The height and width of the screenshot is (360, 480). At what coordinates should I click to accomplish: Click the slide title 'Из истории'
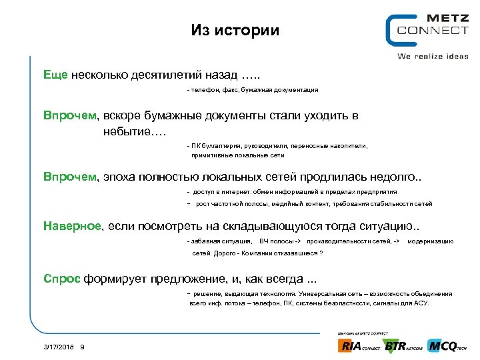coord(235,31)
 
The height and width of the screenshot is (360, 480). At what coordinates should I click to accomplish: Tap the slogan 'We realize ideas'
coord(433,56)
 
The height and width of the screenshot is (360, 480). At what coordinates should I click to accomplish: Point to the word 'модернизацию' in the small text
coord(430,241)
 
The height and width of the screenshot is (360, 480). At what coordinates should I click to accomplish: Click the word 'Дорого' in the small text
coord(223,253)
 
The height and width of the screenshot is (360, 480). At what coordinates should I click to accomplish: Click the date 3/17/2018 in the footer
coord(59,347)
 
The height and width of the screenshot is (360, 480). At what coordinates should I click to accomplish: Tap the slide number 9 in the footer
coord(81,347)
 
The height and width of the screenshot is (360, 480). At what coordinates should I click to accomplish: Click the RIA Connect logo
coord(359,345)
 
